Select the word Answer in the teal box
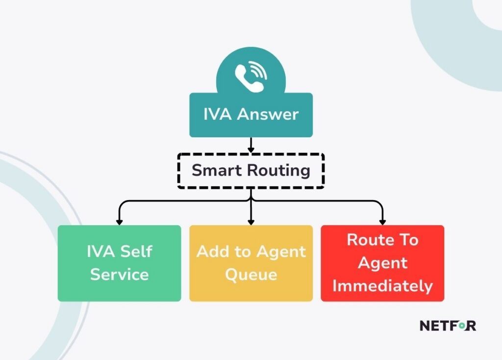tap(268, 115)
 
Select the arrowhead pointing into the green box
tap(119, 221)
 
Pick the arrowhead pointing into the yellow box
tap(251, 221)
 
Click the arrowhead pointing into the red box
tap(383, 221)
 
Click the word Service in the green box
tap(119, 274)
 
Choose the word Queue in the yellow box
tap(251, 274)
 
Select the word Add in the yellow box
tap(210, 252)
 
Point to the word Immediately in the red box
tap(383, 285)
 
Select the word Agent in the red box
tap(383, 263)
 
